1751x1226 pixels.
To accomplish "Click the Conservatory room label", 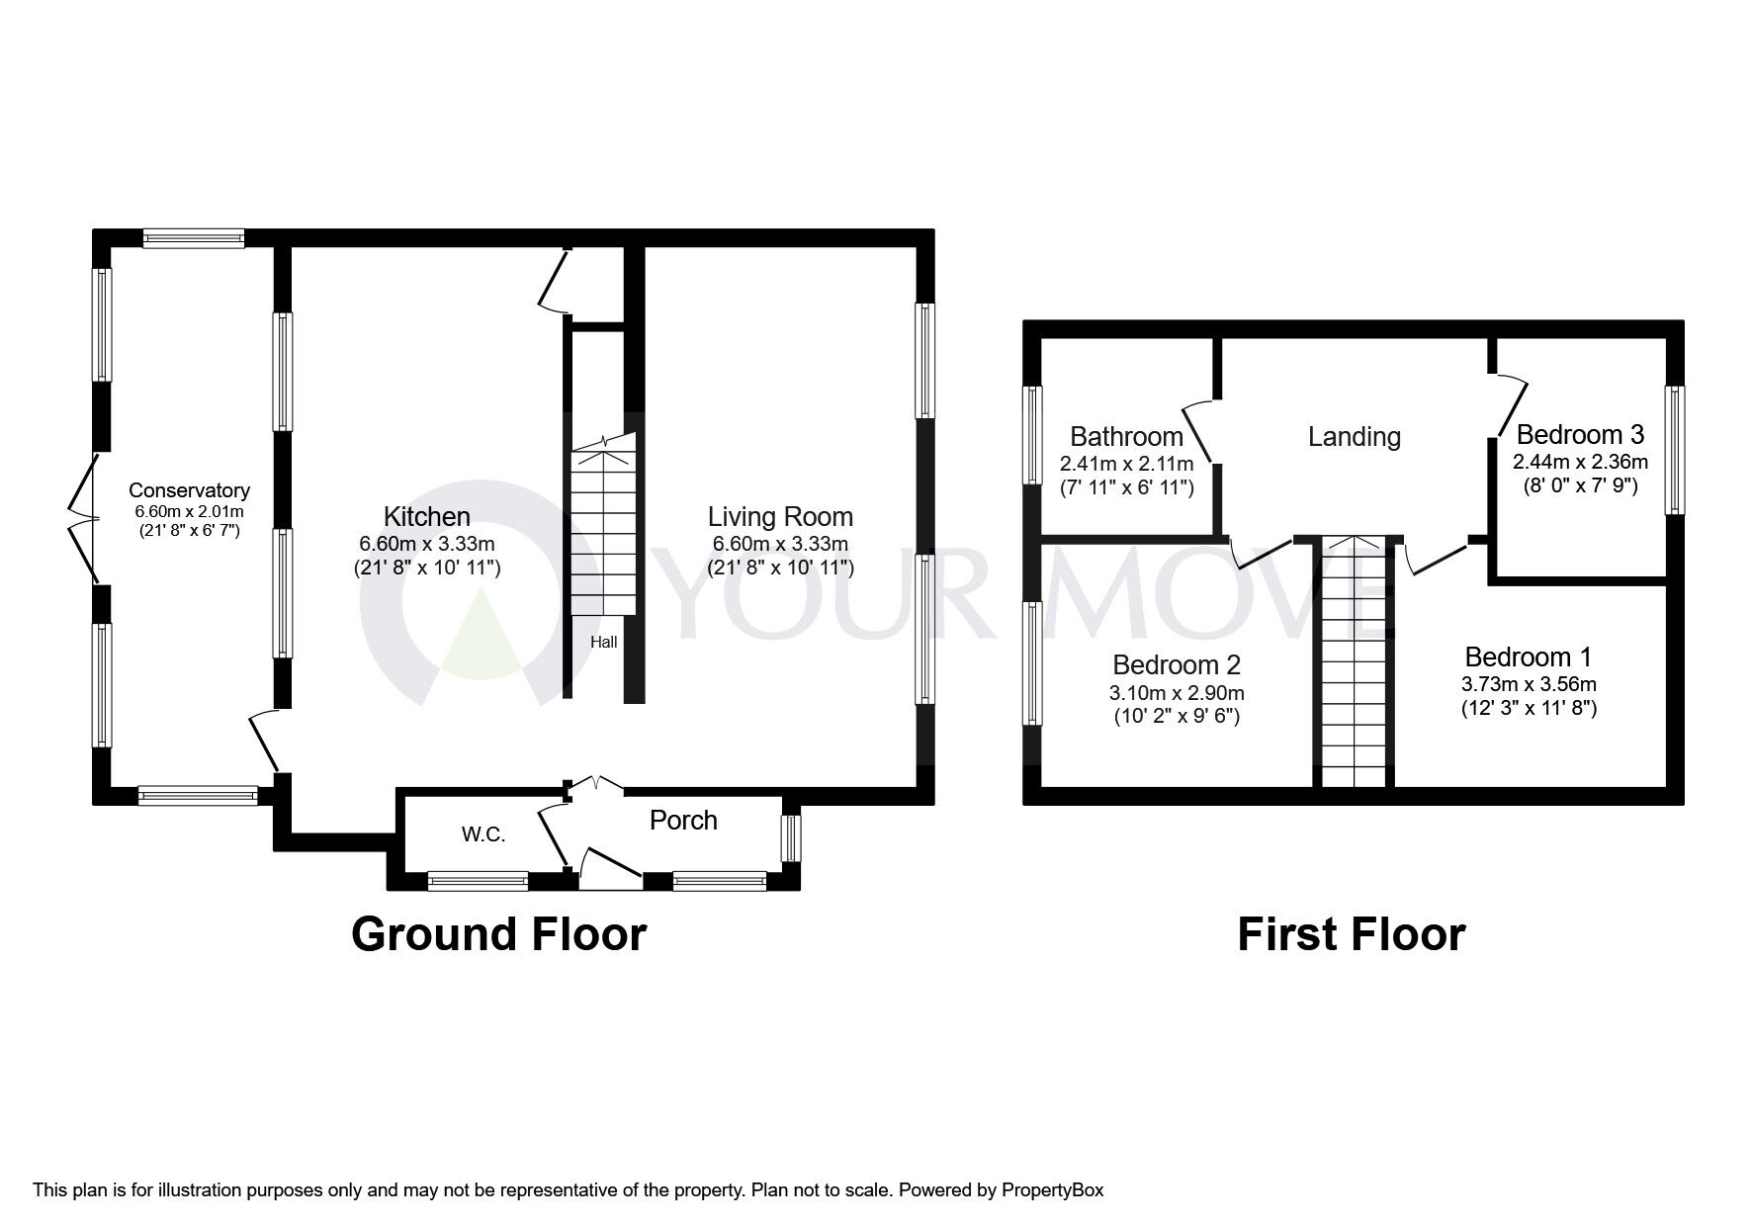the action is click(x=190, y=490).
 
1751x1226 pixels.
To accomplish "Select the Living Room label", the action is click(x=780, y=516).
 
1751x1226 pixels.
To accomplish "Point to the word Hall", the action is click(x=604, y=642).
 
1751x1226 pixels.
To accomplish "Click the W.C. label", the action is click(x=483, y=834).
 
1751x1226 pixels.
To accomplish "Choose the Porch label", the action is click(x=683, y=820).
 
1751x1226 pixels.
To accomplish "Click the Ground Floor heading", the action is click(x=499, y=933).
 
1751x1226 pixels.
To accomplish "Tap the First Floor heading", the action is click(x=1352, y=933).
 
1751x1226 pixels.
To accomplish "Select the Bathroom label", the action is click(x=1127, y=436).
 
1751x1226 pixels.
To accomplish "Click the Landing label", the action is click(x=1355, y=436).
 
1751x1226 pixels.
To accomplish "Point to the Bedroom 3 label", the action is click(x=1580, y=434).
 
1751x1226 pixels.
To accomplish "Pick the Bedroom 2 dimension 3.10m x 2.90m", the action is click(x=1177, y=692).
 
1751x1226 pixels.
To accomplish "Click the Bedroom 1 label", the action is click(x=1529, y=657).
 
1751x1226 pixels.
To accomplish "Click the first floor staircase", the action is click(x=1355, y=661).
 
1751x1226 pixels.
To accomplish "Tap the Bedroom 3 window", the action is click(x=1674, y=450).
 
